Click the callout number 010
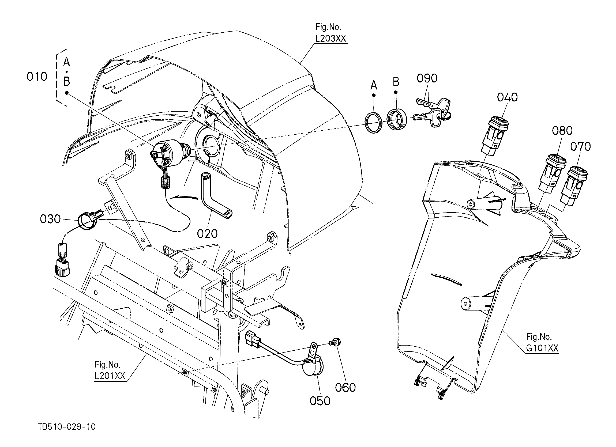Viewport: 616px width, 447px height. pos(37,77)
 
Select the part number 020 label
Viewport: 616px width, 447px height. pos(207,234)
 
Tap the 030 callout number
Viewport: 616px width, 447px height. pos(50,219)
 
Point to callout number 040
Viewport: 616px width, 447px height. pos(507,97)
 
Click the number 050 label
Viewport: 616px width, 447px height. pos(320,401)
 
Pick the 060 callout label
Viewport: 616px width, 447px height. pos(345,388)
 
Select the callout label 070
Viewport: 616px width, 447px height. pos(580,147)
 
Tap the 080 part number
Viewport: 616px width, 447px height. pos(562,131)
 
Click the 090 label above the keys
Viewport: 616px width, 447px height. pos(427,78)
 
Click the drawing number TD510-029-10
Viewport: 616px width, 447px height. pos(67,427)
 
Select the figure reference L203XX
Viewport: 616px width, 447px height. pos(331,39)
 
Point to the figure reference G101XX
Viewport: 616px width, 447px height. pos(542,348)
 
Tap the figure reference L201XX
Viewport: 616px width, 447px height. pos(110,376)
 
